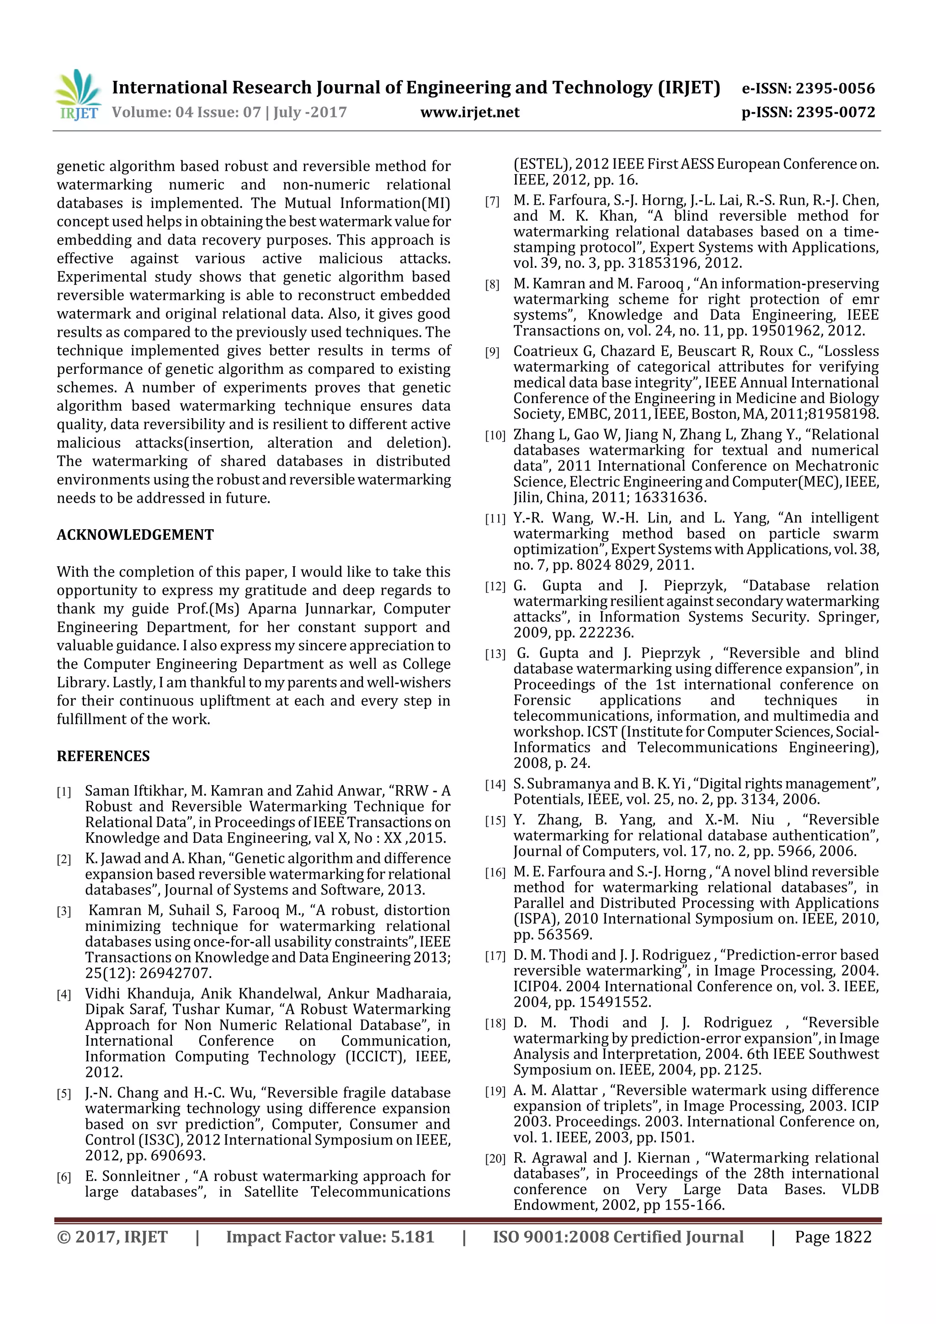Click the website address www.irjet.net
[469, 112]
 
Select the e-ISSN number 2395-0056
[835, 88]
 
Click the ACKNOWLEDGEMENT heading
[135, 535]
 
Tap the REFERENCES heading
[103, 756]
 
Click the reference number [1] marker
[64, 792]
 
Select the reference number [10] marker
[495, 436]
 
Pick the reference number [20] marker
[495, 1159]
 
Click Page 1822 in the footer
[833, 1237]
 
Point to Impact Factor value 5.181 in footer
[330, 1237]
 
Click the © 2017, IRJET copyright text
[112, 1237]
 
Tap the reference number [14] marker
[495, 785]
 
